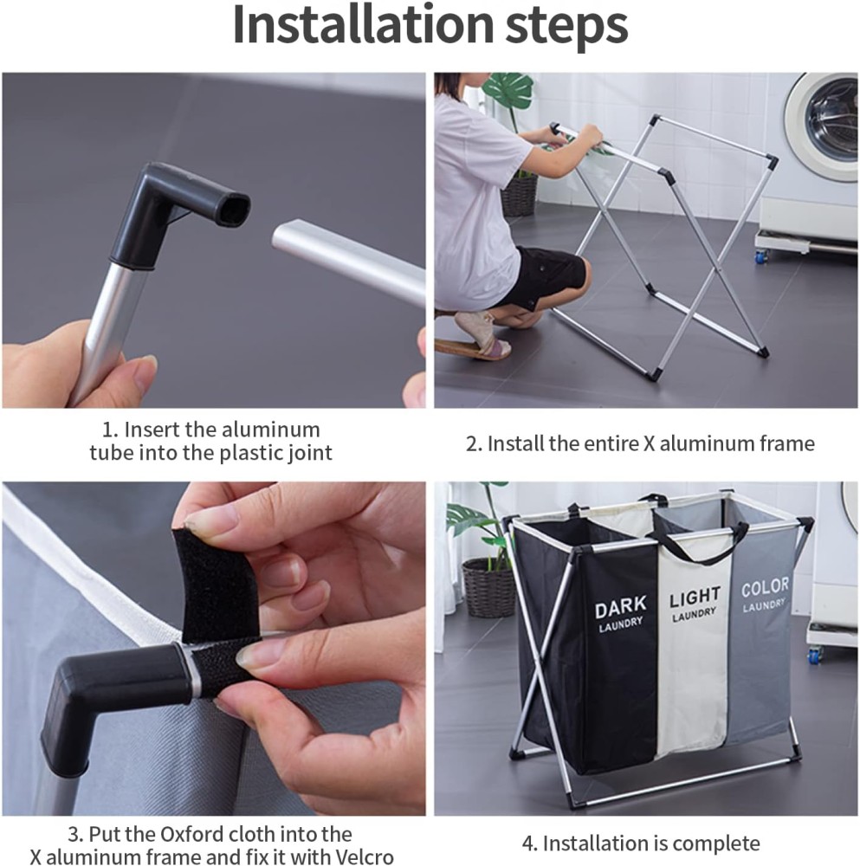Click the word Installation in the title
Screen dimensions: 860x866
363,24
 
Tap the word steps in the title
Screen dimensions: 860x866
566,28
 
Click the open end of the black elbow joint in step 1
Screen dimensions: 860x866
232,208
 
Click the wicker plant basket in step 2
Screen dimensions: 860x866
519,196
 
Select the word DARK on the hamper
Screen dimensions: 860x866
620,606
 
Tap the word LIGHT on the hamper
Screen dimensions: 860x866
695,597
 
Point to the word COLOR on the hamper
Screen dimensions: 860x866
765,588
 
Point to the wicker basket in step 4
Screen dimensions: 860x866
488,587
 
